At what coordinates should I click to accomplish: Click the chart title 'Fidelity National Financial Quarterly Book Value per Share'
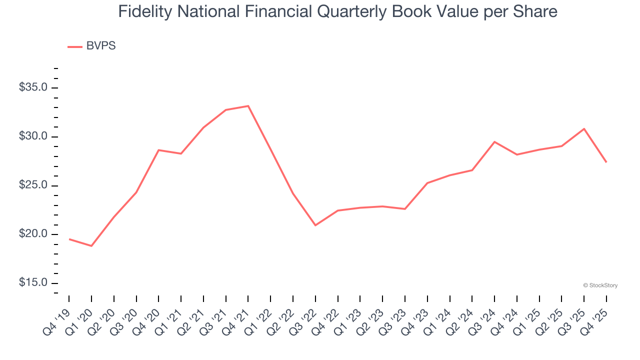coord(337,11)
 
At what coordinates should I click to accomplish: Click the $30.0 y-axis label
coord(33,137)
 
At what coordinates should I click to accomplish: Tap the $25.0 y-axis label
coord(33,185)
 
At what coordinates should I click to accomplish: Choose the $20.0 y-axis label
coord(33,234)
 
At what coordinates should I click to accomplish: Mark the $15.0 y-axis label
coord(33,283)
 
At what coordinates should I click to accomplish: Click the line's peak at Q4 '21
coord(248,106)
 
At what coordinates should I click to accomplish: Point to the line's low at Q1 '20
coord(91,246)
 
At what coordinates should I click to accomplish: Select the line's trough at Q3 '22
coord(315,225)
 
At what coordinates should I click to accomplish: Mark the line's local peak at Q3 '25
coord(584,129)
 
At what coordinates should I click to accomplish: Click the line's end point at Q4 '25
coord(606,162)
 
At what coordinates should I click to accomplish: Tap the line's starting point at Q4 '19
coord(69,239)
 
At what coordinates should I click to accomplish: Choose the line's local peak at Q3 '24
coord(494,142)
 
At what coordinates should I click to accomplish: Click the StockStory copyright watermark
coord(600,285)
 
